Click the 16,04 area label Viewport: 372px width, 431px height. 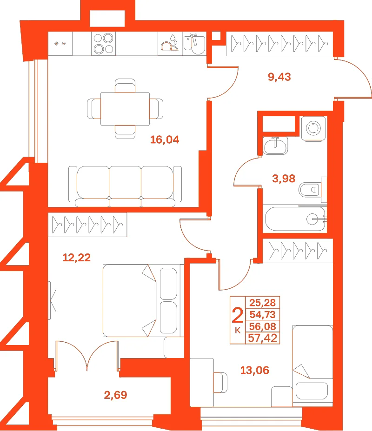[165, 139]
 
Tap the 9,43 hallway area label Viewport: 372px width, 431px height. [279, 77]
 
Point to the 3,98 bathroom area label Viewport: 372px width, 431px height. [284, 179]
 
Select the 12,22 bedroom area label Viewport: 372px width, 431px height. [76, 258]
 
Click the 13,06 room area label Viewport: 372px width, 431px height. [255, 370]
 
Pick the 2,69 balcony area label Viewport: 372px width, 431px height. [115, 395]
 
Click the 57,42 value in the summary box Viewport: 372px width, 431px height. [263, 338]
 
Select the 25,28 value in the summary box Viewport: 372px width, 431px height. [263, 303]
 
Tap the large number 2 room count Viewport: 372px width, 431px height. [238, 315]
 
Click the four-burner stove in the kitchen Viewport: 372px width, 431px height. [103, 43]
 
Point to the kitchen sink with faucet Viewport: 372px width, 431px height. [194, 44]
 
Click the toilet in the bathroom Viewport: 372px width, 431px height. [310, 189]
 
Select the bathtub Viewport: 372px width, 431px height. [295, 219]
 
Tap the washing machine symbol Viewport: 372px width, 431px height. [313, 129]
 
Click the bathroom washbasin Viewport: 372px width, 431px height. [275, 146]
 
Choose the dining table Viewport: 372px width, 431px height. [125, 109]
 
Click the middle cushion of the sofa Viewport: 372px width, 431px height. [125, 182]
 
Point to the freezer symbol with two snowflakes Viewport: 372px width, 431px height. [60, 44]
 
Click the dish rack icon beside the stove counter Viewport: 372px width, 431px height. [170, 44]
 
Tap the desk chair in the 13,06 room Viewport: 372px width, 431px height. [220, 382]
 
